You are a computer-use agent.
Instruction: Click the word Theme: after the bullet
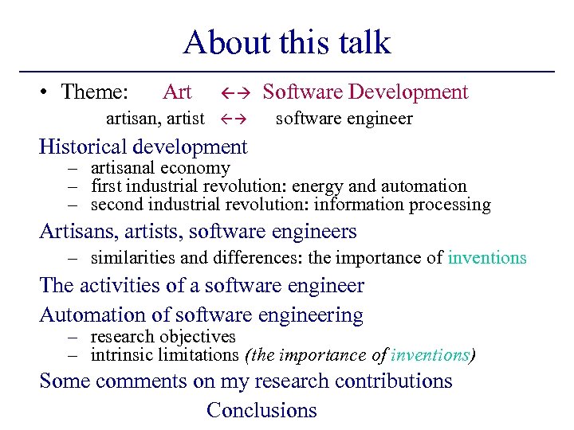pyautogui.click(x=94, y=92)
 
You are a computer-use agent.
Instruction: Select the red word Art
pyautogui.click(x=177, y=92)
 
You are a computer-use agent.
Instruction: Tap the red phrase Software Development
pyautogui.click(x=365, y=92)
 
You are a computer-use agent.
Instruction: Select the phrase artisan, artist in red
pyautogui.click(x=155, y=119)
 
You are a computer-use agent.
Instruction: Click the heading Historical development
pyautogui.click(x=143, y=147)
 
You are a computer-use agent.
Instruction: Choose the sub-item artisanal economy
pyautogui.click(x=160, y=168)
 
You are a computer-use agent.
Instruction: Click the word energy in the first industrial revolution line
pyautogui.click(x=317, y=186)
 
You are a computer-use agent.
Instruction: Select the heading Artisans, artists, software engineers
pyautogui.click(x=198, y=232)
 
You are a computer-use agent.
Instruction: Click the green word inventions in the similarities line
pyautogui.click(x=486, y=257)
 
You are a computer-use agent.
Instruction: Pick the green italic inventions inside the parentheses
pyautogui.click(x=431, y=355)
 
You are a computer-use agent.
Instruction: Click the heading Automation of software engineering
pyautogui.click(x=201, y=315)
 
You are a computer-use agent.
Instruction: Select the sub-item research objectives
pyautogui.click(x=163, y=337)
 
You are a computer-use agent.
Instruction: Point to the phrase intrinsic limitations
pyautogui.click(x=164, y=355)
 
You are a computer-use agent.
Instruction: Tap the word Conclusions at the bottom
pyautogui.click(x=261, y=410)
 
